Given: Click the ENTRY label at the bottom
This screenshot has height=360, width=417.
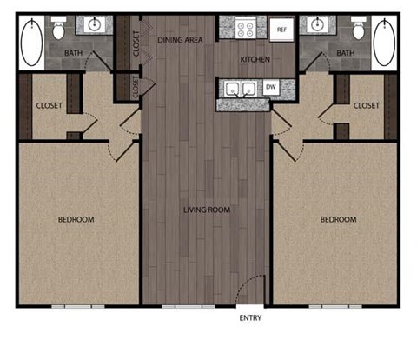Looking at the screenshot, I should click(x=250, y=318).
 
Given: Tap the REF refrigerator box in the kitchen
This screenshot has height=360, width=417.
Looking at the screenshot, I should click(x=281, y=30).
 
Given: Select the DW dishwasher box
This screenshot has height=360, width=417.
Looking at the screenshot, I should click(x=271, y=87).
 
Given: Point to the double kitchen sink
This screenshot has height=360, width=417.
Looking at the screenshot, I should click(x=239, y=88).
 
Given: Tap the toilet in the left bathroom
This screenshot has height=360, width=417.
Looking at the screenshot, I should click(x=59, y=31).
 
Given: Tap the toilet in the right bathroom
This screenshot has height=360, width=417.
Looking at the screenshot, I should click(x=358, y=31).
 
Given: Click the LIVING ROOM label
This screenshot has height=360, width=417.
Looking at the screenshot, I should click(x=206, y=210).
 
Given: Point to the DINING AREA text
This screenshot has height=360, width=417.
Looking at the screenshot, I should click(x=182, y=40).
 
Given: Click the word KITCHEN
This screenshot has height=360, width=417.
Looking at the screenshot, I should click(x=254, y=59).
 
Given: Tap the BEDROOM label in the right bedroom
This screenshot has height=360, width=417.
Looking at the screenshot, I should click(x=339, y=219).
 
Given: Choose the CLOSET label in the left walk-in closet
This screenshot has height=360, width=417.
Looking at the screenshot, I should click(x=49, y=106).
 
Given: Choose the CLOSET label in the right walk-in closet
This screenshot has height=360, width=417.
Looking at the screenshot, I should click(x=367, y=105).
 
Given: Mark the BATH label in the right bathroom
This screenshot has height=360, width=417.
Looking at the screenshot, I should click(x=346, y=54).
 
